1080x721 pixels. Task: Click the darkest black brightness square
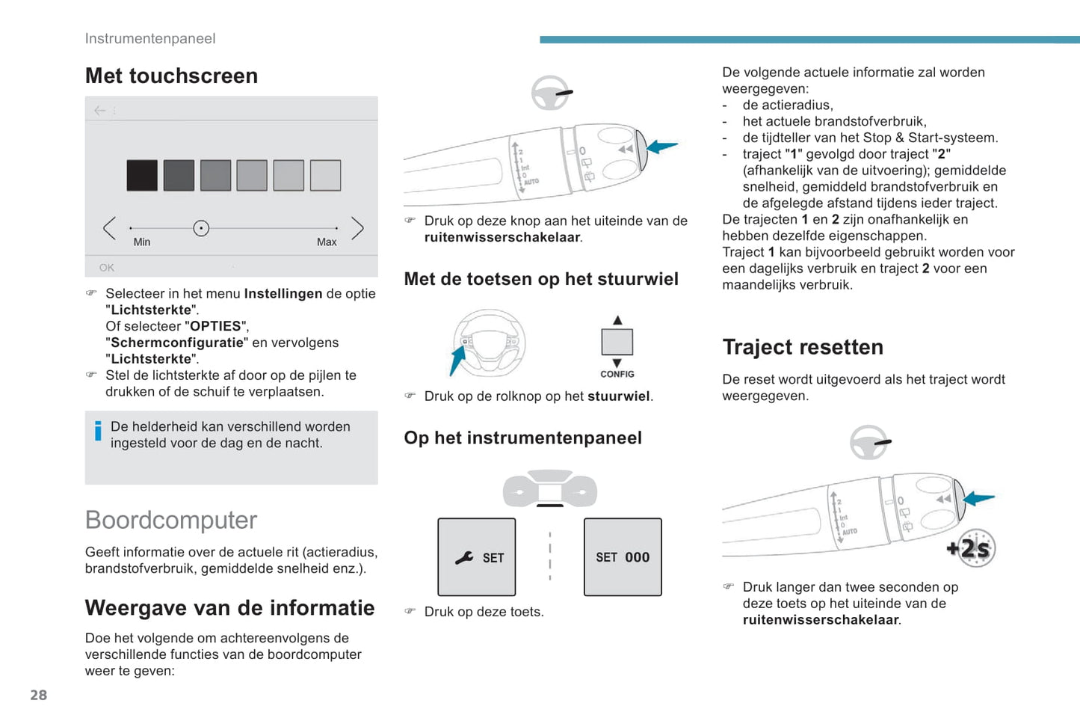click(x=142, y=176)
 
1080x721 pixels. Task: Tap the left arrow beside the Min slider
click(x=110, y=228)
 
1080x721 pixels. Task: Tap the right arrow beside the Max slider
click(x=357, y=228)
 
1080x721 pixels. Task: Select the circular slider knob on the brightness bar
click(x=201, y=228)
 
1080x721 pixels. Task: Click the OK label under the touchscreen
click(x=107, y=268)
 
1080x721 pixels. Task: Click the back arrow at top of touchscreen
click(x=100, y=111)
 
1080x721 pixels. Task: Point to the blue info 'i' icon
click(x=98, y=431)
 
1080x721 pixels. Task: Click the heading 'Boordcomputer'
click(x=171, y=520)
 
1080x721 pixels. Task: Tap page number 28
click(x=39, y=695)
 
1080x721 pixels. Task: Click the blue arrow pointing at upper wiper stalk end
click(x=662, y=147)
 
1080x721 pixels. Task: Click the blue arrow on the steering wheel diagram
click(x=457, y=360)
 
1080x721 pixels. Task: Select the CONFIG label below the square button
click(x=617, y=374)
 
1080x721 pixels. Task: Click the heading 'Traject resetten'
click(x=803, y=347)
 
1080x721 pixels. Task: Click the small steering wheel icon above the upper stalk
click(x=551, y=93)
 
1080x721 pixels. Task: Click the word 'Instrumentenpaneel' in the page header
click(x=150, y=39)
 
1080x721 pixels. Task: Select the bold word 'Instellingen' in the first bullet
click(x=283, y=294)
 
